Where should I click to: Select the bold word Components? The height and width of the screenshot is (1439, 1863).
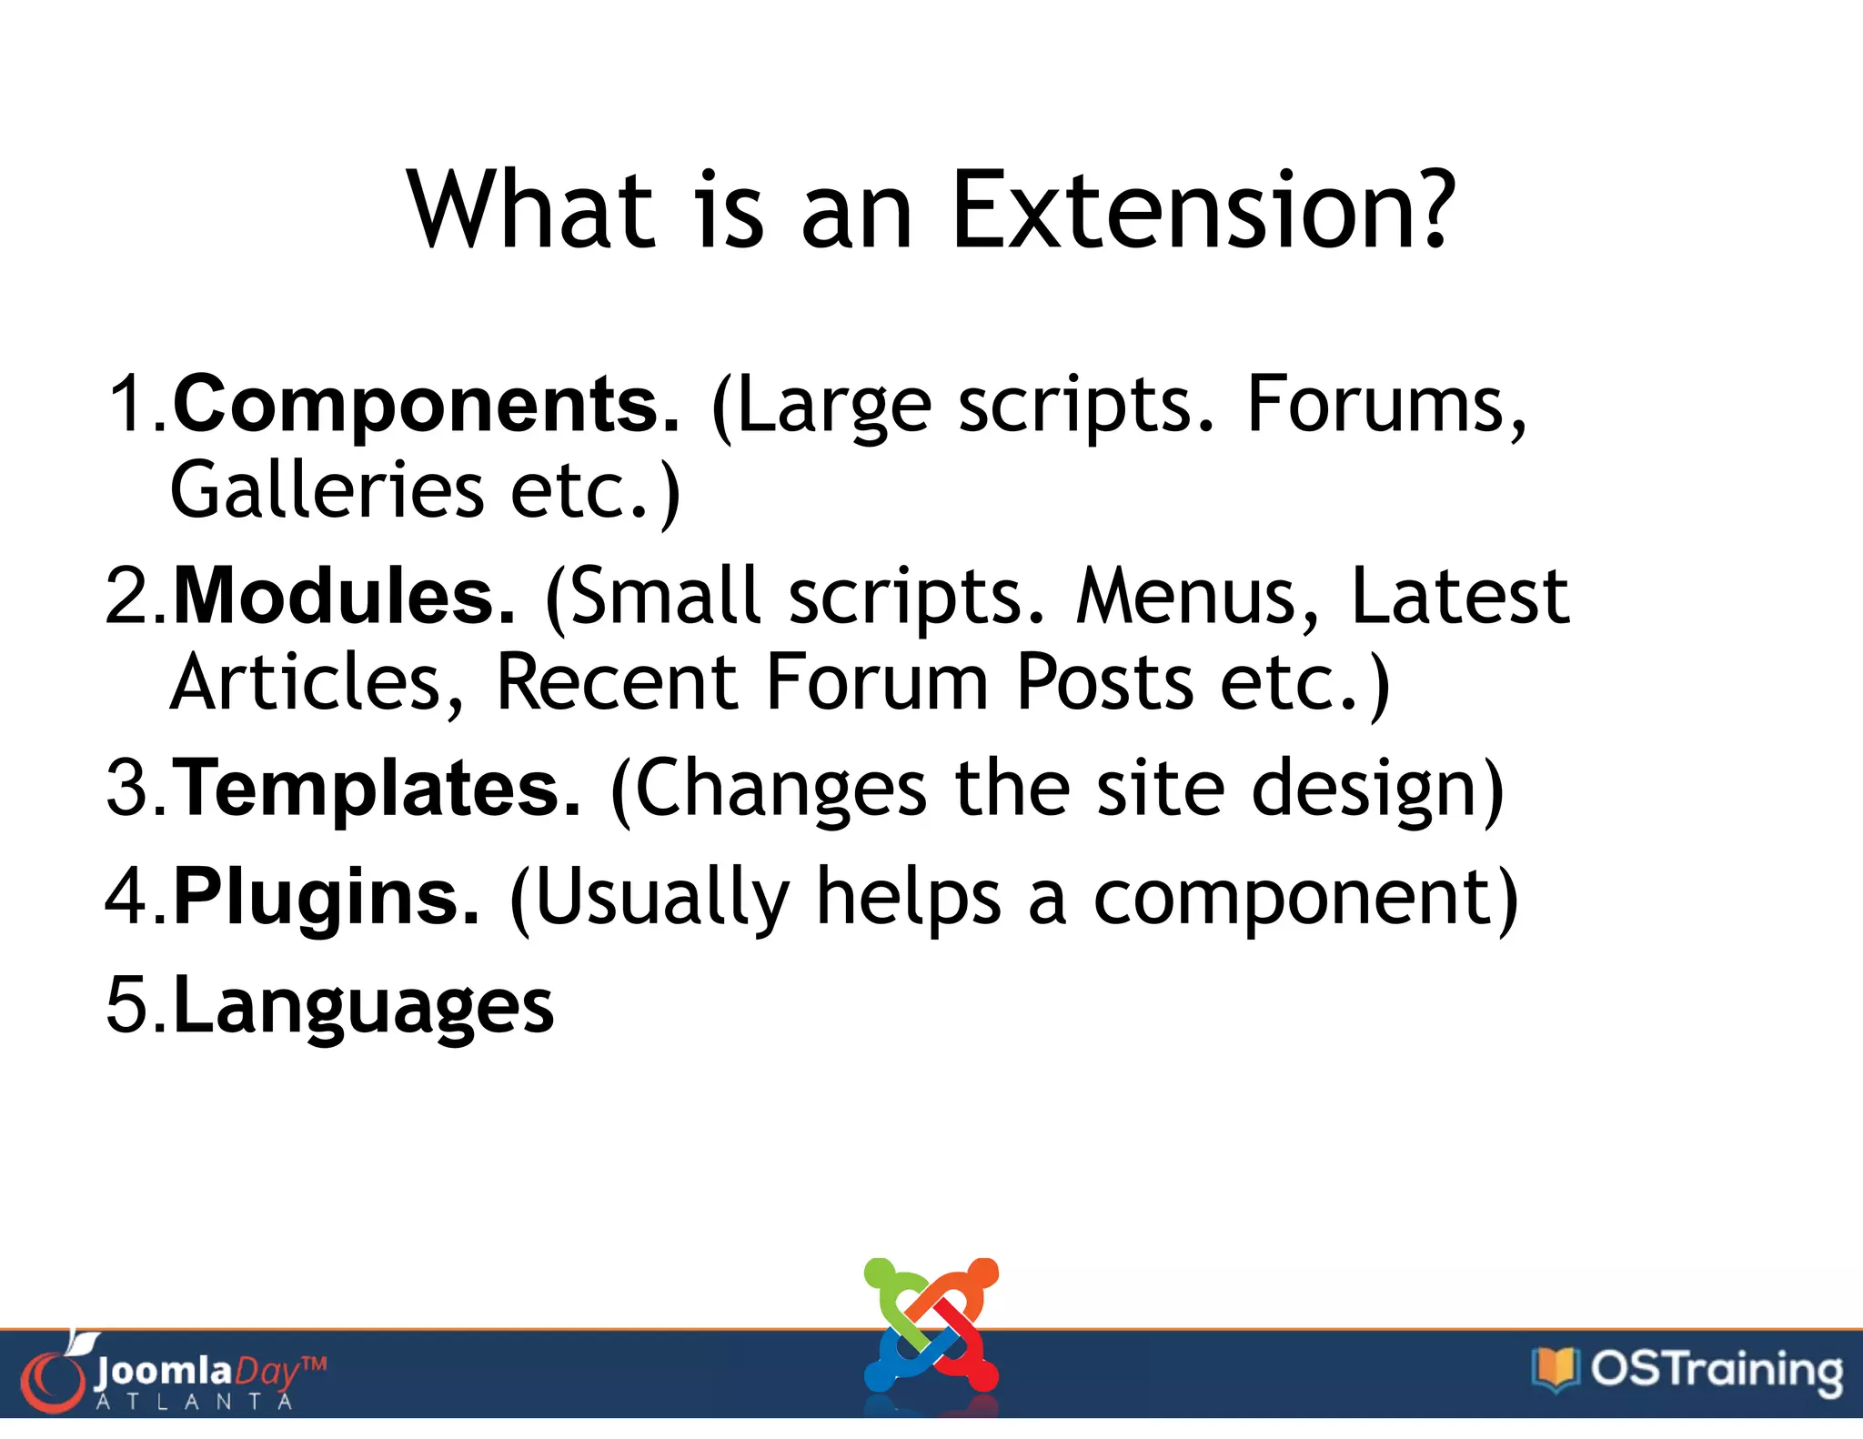(x=426, y=405)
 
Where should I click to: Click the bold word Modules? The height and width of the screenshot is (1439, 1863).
(x=345, y=597)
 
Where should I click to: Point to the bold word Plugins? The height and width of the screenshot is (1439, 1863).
(x=326, y=898)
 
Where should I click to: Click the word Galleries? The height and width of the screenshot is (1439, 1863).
(x=327, y=491)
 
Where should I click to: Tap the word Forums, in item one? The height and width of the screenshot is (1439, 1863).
(x=1386, y=405)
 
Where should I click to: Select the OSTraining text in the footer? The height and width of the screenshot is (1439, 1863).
(x=1716, y=1370)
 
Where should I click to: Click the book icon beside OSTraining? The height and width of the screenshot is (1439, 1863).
(x=1555, y=1368)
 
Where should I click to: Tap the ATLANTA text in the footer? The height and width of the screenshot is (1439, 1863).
(x=195, y=1402)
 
